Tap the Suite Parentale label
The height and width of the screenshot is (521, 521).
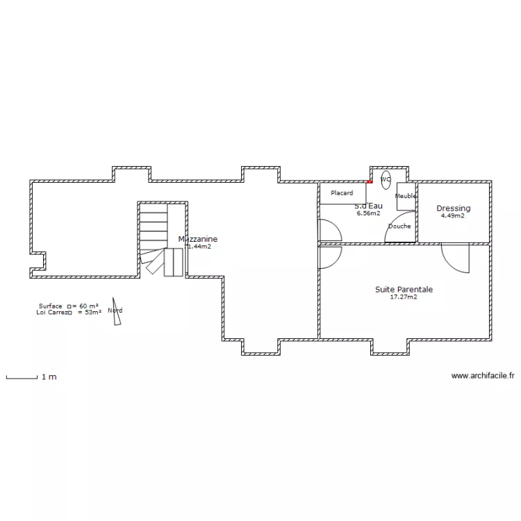[x=404, y=289]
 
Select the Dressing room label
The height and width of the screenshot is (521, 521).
[x=453, y=208]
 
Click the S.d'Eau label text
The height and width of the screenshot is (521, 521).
[x=368, y=206]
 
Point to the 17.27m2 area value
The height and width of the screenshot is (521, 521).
[x=404, y=297]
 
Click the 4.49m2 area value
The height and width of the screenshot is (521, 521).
[x=453, y=216]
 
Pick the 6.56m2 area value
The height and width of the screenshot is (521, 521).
[x=368, y=213]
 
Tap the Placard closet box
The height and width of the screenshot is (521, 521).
[x=342, y=193]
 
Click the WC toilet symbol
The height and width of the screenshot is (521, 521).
[x=386, y=179]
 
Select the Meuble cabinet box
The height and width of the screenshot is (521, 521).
[x=406, y=196]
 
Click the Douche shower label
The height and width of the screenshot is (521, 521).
[x=399, y=226]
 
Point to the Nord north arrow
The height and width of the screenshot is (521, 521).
[x=116, y=311]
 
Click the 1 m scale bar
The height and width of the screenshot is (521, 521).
[x=22, y=377]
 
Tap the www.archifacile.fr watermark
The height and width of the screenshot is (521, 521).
[x=483, y=376]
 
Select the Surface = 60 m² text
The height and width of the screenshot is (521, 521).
[x=68, y=306]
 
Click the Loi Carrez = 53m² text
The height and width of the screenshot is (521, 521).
[x=68, y=313]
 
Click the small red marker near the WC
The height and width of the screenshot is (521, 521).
[x=370, y=183]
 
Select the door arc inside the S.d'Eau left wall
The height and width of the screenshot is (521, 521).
[x=329, y=230]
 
